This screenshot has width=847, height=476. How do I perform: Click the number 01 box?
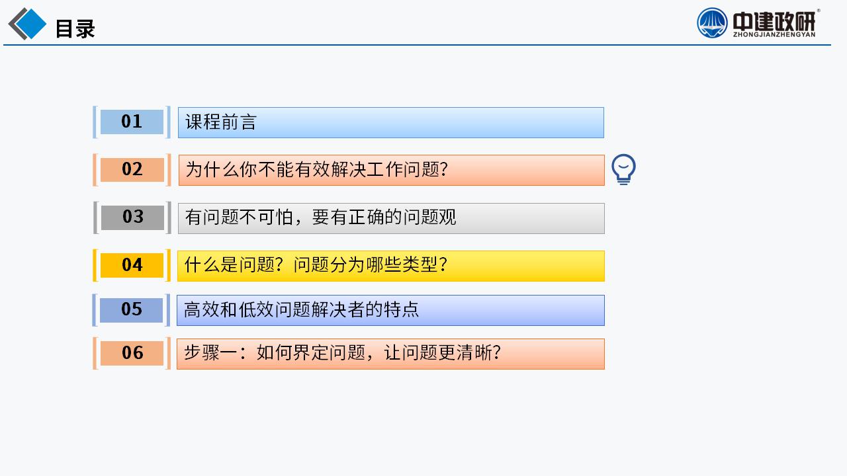pyautogui.click(x=132, y=122)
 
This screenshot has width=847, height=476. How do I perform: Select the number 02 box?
pyautogui.click(x=132, y=170)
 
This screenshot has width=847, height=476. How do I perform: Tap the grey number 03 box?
pyautogui.click(x=132, y=218)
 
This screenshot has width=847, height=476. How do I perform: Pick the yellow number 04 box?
pyautogui.click(x=132, y=265)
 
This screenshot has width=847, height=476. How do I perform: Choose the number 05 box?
pyautogui.click(x=131, y=310)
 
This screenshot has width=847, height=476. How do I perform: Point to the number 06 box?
pyautogui.click(x=132, y=353)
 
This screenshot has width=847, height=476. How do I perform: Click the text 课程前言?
pyautogui.click(x=221, y=122)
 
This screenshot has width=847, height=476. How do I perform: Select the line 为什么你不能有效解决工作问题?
pyautogui.click(x=316, y=169)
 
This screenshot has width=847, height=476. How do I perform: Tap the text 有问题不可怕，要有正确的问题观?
pyautogui.click(x=321, y=218)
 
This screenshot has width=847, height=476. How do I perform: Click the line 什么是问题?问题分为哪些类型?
pyautogui.click(x=316, y=265)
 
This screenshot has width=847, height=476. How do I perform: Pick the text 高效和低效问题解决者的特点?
pyautogui.click(x=301, y=310)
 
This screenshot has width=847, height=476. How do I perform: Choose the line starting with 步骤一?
pyautogui.click(x=342, y=353)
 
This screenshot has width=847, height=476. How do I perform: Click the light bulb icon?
pyautogui.click(x=623, y=169)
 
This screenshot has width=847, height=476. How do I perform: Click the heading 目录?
pyautogui.click(x=75, y=28)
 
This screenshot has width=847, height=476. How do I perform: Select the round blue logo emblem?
pyautogui.click(x=712, y=23)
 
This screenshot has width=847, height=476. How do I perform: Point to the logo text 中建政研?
pyautogui.click(x=774, y=21)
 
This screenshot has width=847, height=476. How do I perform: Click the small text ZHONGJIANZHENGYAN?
pyautogui.click(x=774, y=35)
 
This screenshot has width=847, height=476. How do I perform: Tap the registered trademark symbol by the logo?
pyautogui.click(x=819, y=11)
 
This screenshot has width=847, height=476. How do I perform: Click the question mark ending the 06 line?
pyautogui.click(x=496, y=353)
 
